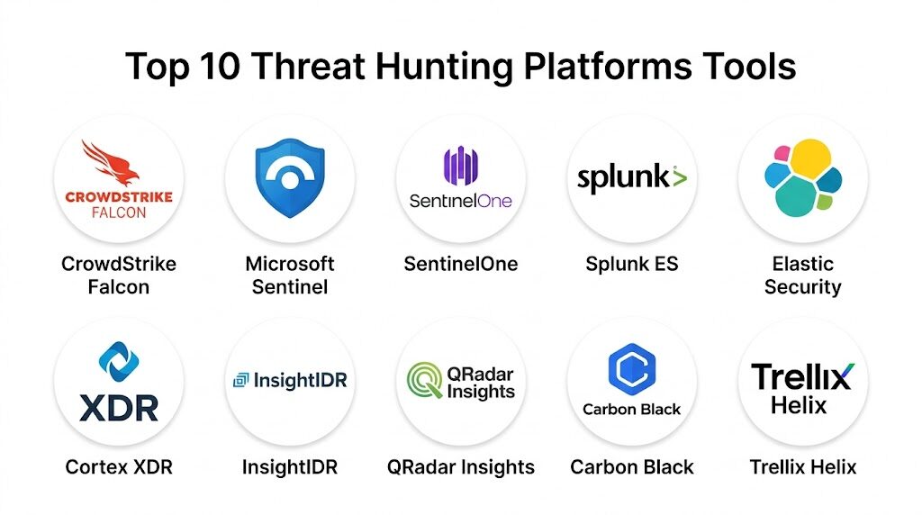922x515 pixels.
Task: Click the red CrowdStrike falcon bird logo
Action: (112, 163)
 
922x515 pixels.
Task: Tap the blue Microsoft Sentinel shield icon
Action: (290, 177)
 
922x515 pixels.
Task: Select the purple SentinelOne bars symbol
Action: (460, 166)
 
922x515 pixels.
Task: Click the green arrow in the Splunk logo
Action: (680, 177)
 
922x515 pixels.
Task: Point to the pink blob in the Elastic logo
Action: (782, 153)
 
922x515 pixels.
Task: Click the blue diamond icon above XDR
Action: (119, 362)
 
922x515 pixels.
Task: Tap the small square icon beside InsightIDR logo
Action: (241, 380)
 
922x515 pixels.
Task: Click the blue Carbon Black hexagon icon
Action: (632, 369)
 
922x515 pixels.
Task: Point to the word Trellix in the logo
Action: (802, 377)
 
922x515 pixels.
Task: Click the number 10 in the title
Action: (220, 66)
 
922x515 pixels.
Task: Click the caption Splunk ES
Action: (632, 264)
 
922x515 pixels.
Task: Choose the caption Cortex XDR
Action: (119, 467)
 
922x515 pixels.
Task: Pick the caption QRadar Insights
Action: (460, 467)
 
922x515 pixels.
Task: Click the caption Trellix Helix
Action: (802, 467)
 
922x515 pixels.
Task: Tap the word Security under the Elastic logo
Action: (802, 287)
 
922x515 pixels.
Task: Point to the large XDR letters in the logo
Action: (119, 409)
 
